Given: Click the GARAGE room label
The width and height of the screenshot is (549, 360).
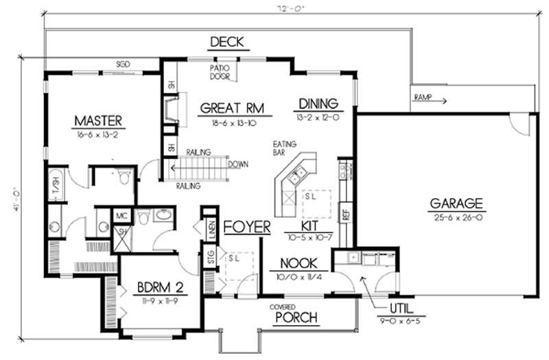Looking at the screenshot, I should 456,203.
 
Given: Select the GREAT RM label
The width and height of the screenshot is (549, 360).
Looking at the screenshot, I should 232,107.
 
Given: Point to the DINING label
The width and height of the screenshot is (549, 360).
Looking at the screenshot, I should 318,104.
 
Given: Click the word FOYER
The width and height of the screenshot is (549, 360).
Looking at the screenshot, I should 246,227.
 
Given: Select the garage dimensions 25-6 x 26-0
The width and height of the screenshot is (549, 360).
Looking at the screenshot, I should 456,217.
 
